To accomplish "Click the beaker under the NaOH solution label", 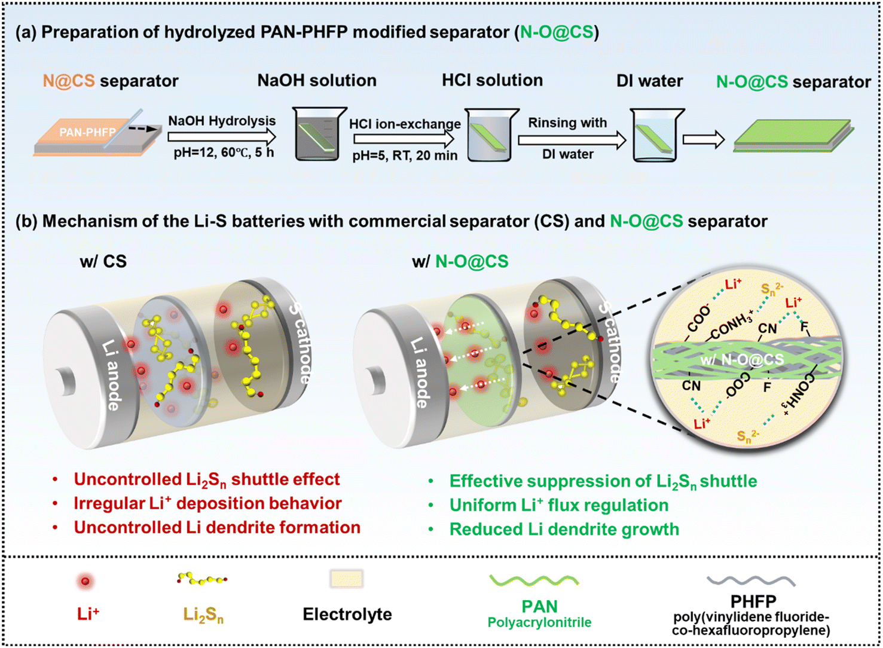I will tap(319, 135).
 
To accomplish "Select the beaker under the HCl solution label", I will tap(492, 135).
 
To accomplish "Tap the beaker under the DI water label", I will tap(658, 136).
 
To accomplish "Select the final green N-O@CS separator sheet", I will tap(794, 137).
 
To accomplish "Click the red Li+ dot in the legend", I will tap(87, 580).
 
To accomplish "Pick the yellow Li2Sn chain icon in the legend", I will tap(203, 579).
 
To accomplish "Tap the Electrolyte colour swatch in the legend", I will tap(347, 579).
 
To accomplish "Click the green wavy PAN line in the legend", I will tap(534, 580).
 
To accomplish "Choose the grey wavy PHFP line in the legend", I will tap(751, 580).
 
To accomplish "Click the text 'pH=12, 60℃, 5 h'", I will tap(224, 153).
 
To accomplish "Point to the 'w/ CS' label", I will tap(103, 261).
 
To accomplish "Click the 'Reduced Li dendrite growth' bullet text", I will tap(564, 530).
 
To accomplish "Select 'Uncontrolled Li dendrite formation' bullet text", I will tap(217, 528).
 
